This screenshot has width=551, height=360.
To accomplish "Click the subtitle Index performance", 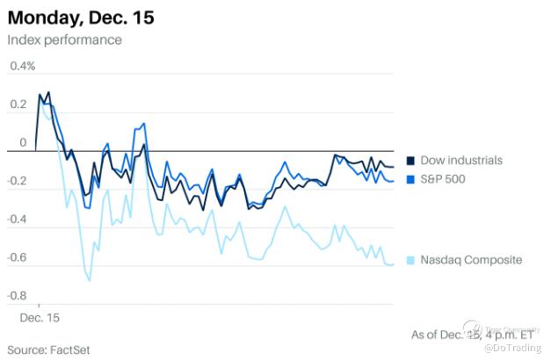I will tap(64, 40).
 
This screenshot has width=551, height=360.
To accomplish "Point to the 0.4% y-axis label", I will tap(23, 66).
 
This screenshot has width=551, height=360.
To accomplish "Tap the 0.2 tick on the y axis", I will tap(18, 104).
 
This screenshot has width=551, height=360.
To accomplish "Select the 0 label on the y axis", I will tap(23, 142).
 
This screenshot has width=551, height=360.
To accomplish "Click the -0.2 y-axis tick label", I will tap(17, 182).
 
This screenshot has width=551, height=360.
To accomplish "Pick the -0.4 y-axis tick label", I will tap(17, 220).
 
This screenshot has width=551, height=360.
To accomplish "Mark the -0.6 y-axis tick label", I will tap(17, 258).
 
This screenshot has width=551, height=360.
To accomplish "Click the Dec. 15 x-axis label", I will tap(40, 314).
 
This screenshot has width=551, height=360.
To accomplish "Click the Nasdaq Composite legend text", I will tap(471, 259).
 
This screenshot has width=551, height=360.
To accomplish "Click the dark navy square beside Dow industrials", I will tap(410, 160).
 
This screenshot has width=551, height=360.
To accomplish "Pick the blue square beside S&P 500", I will tap(410, 179).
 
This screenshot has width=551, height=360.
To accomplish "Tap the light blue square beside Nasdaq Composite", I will tap(410, 259).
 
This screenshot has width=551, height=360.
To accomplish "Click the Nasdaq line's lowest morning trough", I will tap(90, 280).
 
